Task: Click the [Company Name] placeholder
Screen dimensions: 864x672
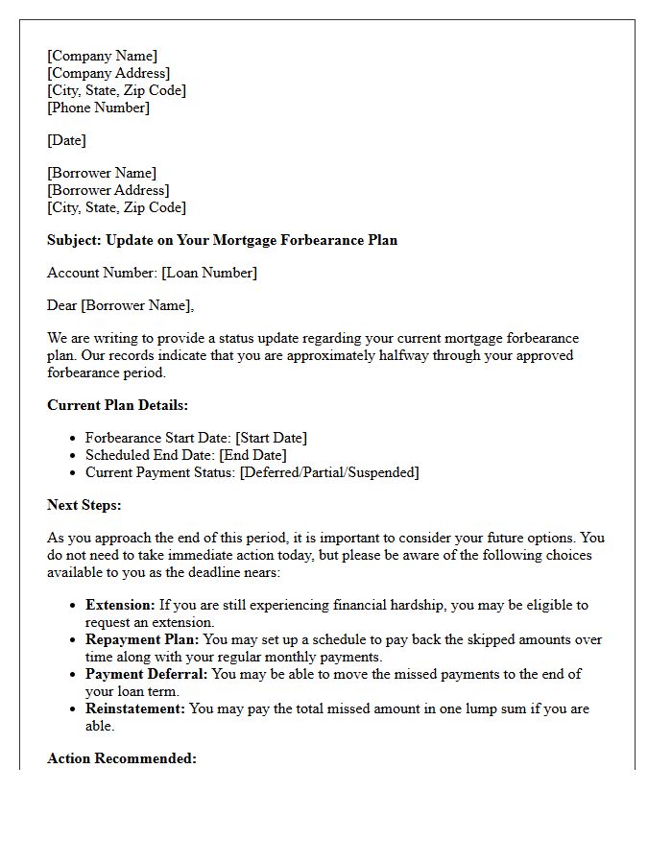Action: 102,56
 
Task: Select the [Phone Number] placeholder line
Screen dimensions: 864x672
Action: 98,108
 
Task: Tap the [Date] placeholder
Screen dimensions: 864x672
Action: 66,140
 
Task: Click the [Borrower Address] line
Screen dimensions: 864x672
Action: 108,190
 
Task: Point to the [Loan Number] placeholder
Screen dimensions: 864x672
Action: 209,273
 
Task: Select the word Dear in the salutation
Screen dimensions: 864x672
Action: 62,305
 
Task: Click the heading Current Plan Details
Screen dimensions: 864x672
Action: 117,405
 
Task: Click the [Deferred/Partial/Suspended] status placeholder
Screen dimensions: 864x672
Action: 329,472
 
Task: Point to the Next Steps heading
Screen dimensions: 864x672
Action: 84,505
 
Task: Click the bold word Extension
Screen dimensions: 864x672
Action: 120,605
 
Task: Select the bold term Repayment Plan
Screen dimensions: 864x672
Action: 142,639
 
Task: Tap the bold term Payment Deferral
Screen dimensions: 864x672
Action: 146,674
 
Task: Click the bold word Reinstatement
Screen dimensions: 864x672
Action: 135,708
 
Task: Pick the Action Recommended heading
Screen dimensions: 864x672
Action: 122,758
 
